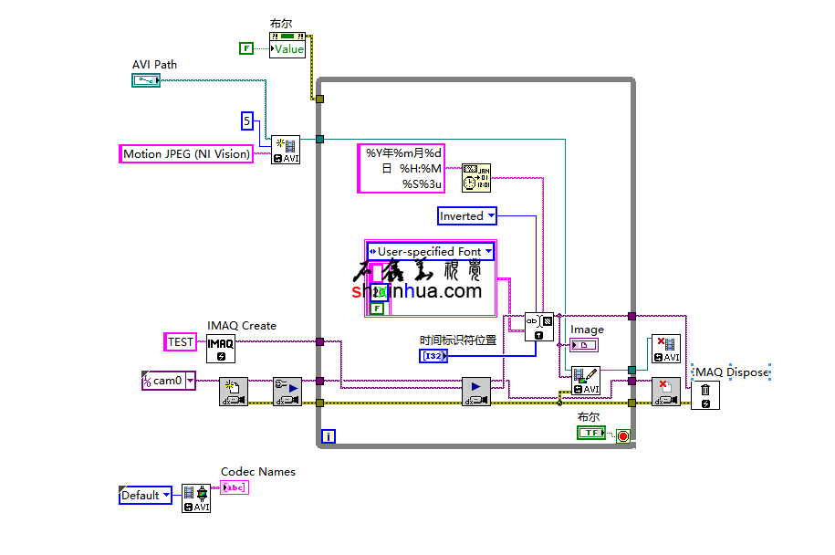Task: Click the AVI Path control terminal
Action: (x=145, y=81)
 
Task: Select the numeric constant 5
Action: (x=246, y=120)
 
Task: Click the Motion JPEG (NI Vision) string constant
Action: (x=186, y=154)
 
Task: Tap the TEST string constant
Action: (x=181, y=342)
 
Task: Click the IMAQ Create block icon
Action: (x=221, y=348)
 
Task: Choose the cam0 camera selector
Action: (x=169, y=381)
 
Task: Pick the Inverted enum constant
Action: (x=466, y=216)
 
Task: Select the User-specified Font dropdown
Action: (x=430, y=251)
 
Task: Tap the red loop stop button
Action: (x=623, y=435)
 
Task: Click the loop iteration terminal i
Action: (x=329, y=436)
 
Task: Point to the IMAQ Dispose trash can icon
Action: (x=705, y=395)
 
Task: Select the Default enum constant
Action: (x=145, y=495)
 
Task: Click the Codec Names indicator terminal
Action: (x=235, y=487)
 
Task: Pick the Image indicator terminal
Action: (x=583, y=344)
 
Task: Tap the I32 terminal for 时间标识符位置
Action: (x=433, y=356)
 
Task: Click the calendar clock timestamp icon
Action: (x=476, y=178)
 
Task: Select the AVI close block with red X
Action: (x=665, y=350)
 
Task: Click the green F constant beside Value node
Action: (x=245, y=48)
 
